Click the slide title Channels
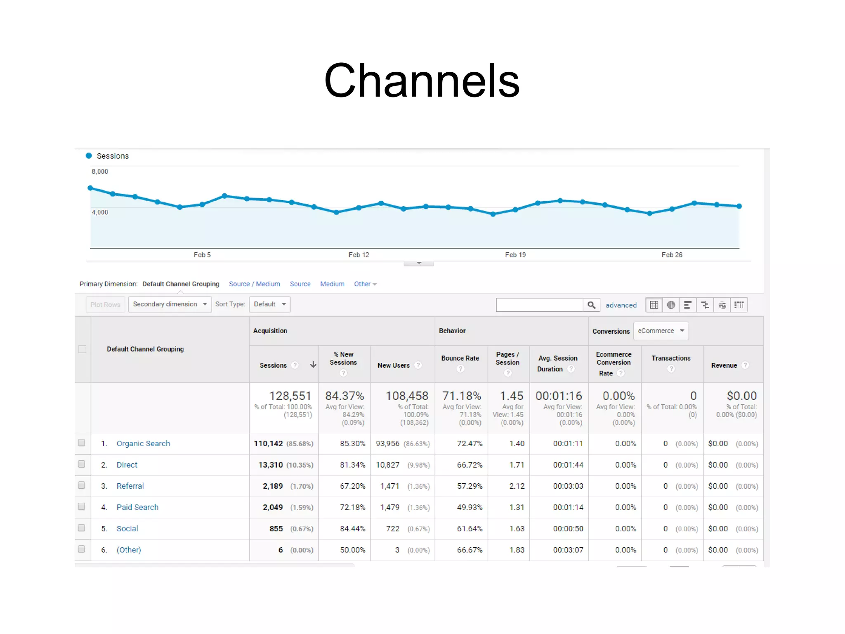tap(422, 81)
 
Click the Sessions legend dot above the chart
tap(89, 156)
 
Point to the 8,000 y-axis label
tap(100, 171)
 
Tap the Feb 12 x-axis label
tap(359, 255)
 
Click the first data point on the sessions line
tap(90, 188)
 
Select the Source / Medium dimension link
tap(254, 284)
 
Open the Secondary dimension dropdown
tap(170, 304)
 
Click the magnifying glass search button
tap(591, 305)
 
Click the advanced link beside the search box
tap(621, 305)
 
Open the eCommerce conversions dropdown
tap(661, 331)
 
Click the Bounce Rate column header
tap(460, 358)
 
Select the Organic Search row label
tap(143, 443)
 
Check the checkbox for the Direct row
tap(82, 464)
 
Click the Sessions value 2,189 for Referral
tap(273, 486)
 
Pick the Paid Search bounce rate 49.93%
tap(469, 507)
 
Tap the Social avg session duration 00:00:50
tap(568, 529)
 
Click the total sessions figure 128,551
tap(290, 396)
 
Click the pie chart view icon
tap(671, 305)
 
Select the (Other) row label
tap(129, 550)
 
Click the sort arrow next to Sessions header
tap(313, 364)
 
